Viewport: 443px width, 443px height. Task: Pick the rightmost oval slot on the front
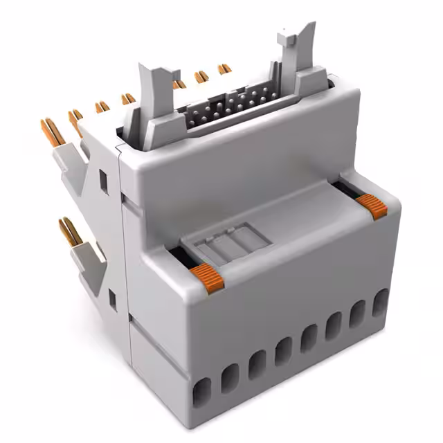click(x=380, y=303)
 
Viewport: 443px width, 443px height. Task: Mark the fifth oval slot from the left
click(x=308, y=339)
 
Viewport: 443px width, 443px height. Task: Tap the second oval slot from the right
click(x=358, y=315)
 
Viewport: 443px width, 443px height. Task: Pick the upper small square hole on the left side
click(x=103, y=181)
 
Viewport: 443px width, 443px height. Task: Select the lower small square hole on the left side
click(x=111, y=298)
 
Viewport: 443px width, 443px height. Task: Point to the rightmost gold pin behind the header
click(x=224, y=69)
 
